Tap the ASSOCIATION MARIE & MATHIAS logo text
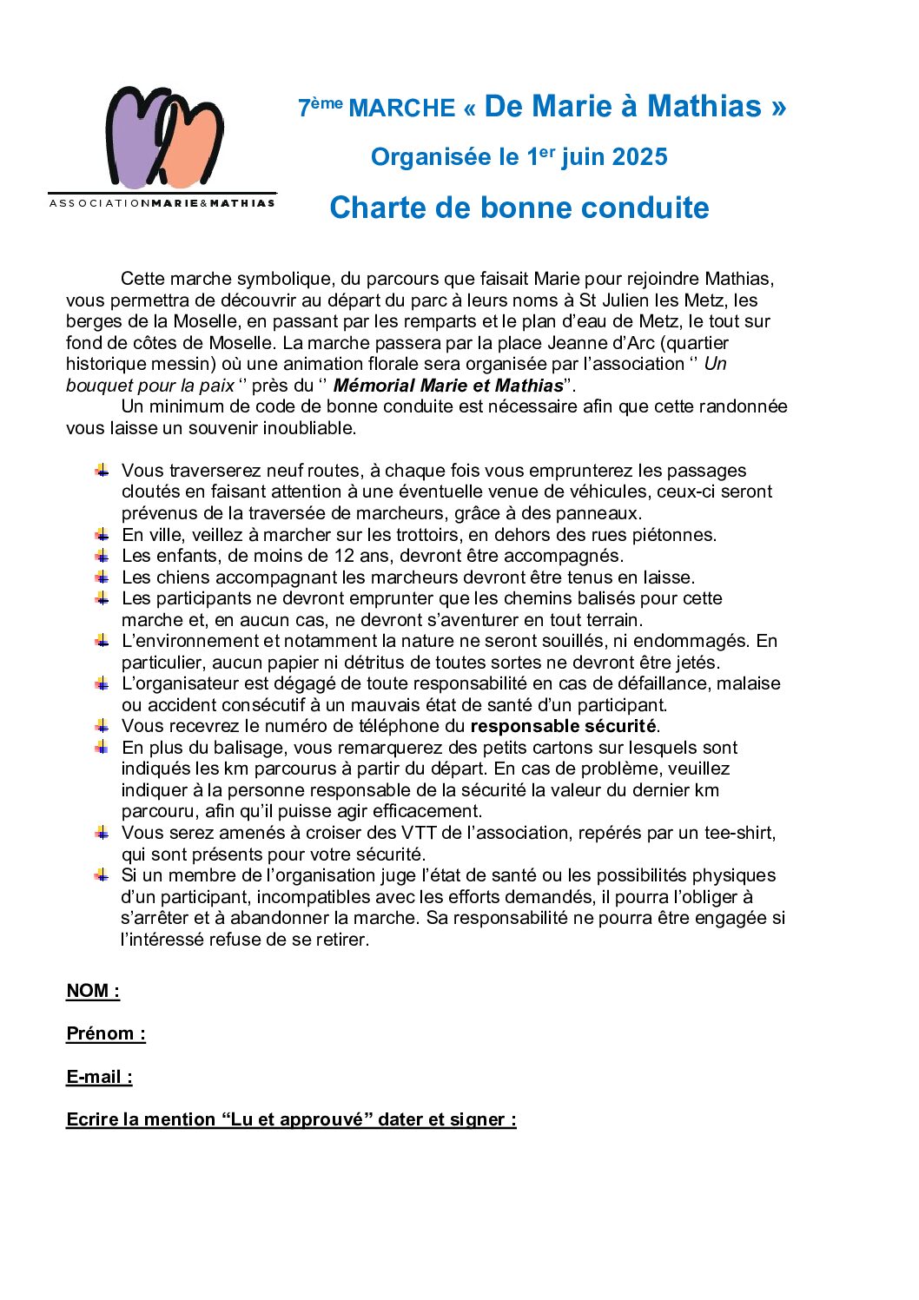[x=162, y=203]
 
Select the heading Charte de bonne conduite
[x=519, y=208]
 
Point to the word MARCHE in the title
[x=401, y=109]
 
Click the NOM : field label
[x=93, y=991]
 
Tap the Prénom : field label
[x=106, y=1033]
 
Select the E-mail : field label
[x=99, y=1077]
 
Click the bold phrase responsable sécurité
[x=563, y=726]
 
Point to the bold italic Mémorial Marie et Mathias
[x=448, y=386]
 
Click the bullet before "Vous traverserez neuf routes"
[x=102, y=471]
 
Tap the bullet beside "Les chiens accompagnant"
[x=102, y=577]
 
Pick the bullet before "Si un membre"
[x=102, y=875]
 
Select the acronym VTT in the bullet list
[x=419, y=833]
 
